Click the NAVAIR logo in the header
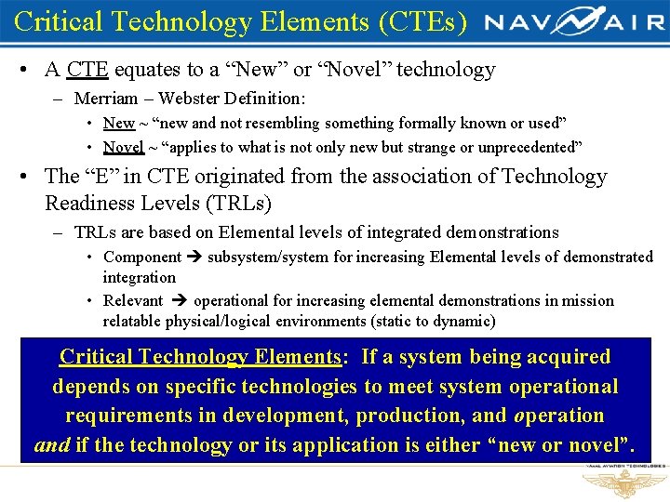572,21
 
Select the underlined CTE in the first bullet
87,70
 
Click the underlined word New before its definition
118,124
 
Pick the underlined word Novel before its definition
123,147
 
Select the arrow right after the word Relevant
178,301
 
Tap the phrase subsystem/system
264,257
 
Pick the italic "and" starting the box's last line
51,445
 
